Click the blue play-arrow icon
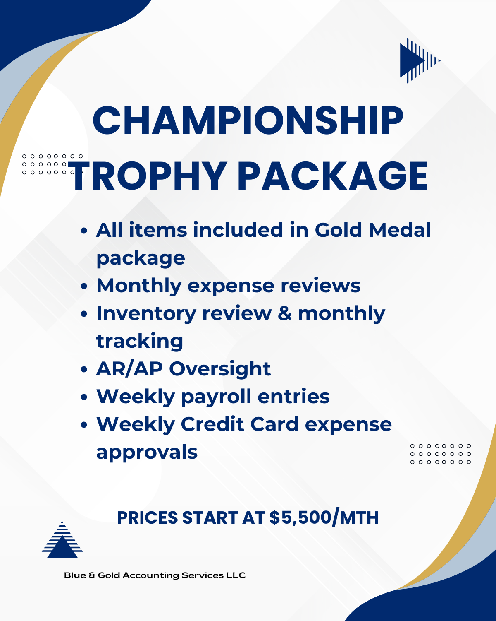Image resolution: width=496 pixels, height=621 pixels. point(420,60)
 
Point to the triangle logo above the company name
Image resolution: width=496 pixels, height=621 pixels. point(62,539)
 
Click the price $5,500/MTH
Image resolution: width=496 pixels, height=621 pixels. point(324,517)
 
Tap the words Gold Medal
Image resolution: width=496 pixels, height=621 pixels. point(373,230)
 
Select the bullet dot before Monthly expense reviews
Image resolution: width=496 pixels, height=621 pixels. point(84,286)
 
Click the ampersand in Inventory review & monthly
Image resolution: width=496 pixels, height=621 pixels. point(285,314)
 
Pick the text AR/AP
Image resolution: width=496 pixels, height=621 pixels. point(129,369)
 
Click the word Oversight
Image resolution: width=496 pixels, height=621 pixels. point(220,369)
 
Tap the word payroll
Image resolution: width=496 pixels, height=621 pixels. point(216,397)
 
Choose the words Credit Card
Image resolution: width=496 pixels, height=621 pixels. point(239,424)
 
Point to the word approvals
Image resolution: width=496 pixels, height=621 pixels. point(147,453)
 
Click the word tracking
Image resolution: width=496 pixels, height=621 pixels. point(139,342)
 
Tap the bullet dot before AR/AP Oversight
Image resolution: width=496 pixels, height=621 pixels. point(84,369)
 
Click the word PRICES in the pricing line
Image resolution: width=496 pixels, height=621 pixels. point(147,517)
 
